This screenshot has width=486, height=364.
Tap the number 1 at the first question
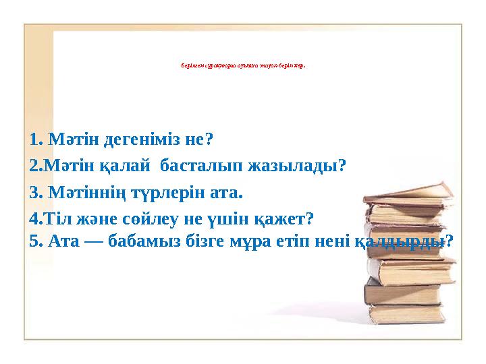34,140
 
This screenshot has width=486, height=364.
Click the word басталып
198,165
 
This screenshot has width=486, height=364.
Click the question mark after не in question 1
209,140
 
